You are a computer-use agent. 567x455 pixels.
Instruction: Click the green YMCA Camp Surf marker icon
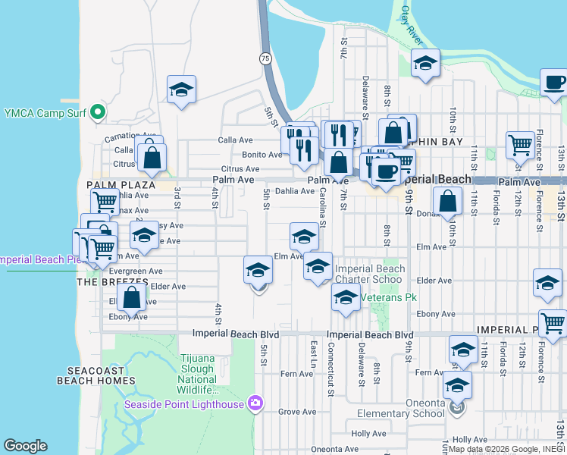(x=97, y=114)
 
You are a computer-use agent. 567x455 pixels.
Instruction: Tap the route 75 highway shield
(x=265, y=58)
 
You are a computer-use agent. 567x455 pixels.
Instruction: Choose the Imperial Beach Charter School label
(x=370, y=274)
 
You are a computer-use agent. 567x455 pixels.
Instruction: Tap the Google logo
(x=25, y=446)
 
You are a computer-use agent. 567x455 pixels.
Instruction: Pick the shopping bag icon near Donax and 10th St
(x=448, y=201)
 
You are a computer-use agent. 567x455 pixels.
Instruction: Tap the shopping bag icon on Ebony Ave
(x=132, y=297)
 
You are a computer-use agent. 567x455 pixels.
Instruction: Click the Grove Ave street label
(x=296, y=412)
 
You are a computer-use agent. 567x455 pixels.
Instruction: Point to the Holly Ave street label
(x=369, y=434)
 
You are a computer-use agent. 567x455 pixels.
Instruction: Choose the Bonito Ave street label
(x=262, y=154)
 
